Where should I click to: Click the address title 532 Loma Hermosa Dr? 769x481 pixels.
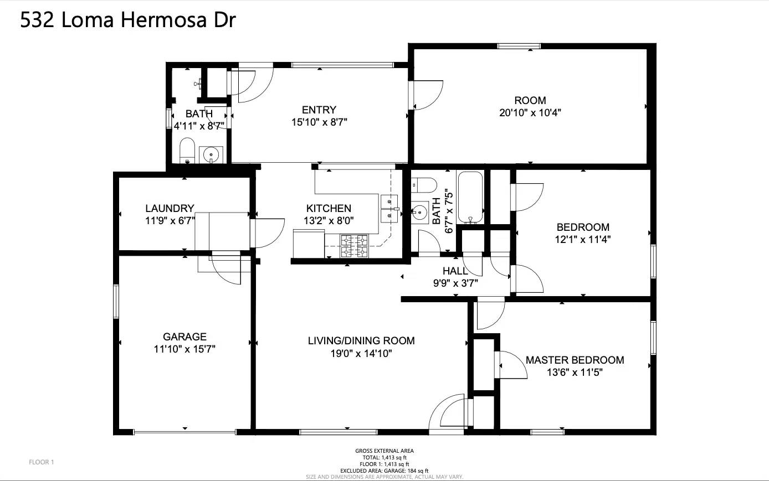point(128,20)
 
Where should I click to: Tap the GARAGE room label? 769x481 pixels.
point(184,337)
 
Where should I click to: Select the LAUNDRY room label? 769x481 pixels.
point(170,208)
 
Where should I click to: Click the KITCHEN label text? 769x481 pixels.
point(329,208)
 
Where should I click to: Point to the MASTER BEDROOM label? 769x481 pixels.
point(575,360)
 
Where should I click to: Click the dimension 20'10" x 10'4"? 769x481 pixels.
point(530,112)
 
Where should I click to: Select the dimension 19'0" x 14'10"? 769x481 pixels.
point(361,353)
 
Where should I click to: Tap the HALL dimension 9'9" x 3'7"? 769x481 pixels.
point(455,283)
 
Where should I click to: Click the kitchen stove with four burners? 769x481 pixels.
point(355,246)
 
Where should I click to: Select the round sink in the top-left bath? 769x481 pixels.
point(211,154)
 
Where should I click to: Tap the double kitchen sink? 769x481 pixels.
point(390,208)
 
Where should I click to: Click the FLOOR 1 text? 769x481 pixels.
point(42,462)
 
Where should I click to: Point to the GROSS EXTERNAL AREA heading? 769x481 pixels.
point(384,451)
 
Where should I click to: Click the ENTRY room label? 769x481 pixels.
point(319,110)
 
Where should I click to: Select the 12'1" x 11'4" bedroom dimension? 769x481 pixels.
point(583,240)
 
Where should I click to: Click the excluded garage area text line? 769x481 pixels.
point(384,470)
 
